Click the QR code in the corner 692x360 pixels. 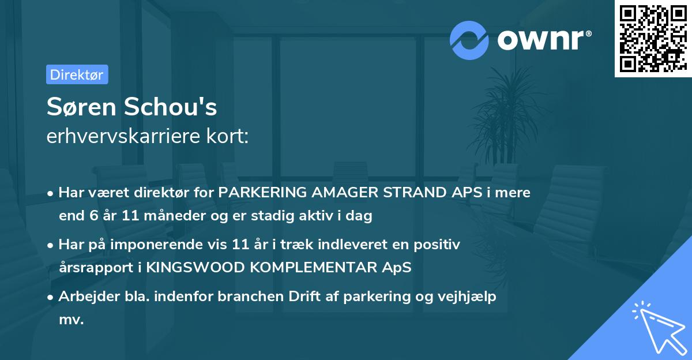(653, 38)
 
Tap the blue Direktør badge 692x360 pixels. (77, 74)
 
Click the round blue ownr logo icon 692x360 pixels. (469, 40)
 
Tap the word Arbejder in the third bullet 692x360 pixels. (84, 297)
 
